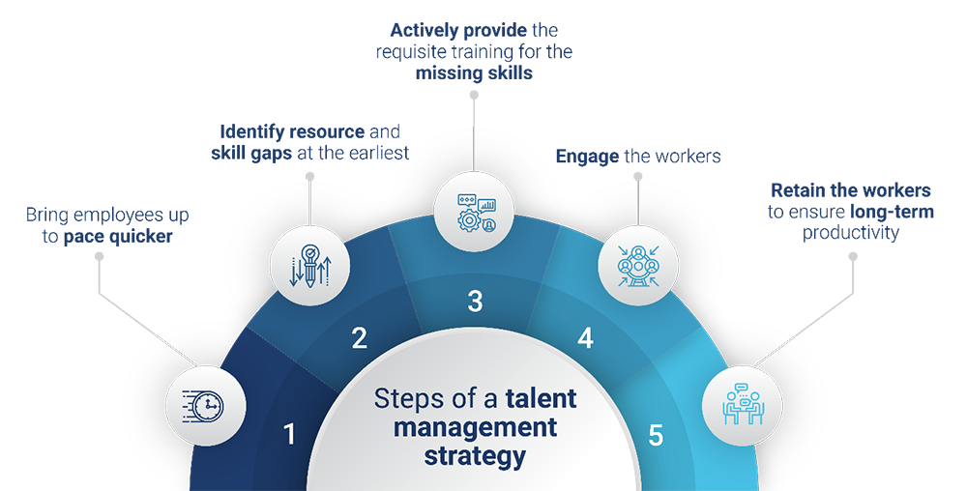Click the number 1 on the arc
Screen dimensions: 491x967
[289, 435]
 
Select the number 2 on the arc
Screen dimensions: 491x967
[360, 338]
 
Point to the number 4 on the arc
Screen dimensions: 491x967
[585, 338]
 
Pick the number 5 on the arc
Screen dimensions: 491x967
[656, 435]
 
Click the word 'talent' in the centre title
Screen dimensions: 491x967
[541, 398]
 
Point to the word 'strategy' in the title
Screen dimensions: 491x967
[475, 454]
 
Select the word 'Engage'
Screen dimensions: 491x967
[587, 157]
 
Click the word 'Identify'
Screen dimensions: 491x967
[253, 131]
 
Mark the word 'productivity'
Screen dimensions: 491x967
[851, 233]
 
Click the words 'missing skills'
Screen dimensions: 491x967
[474, 73]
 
